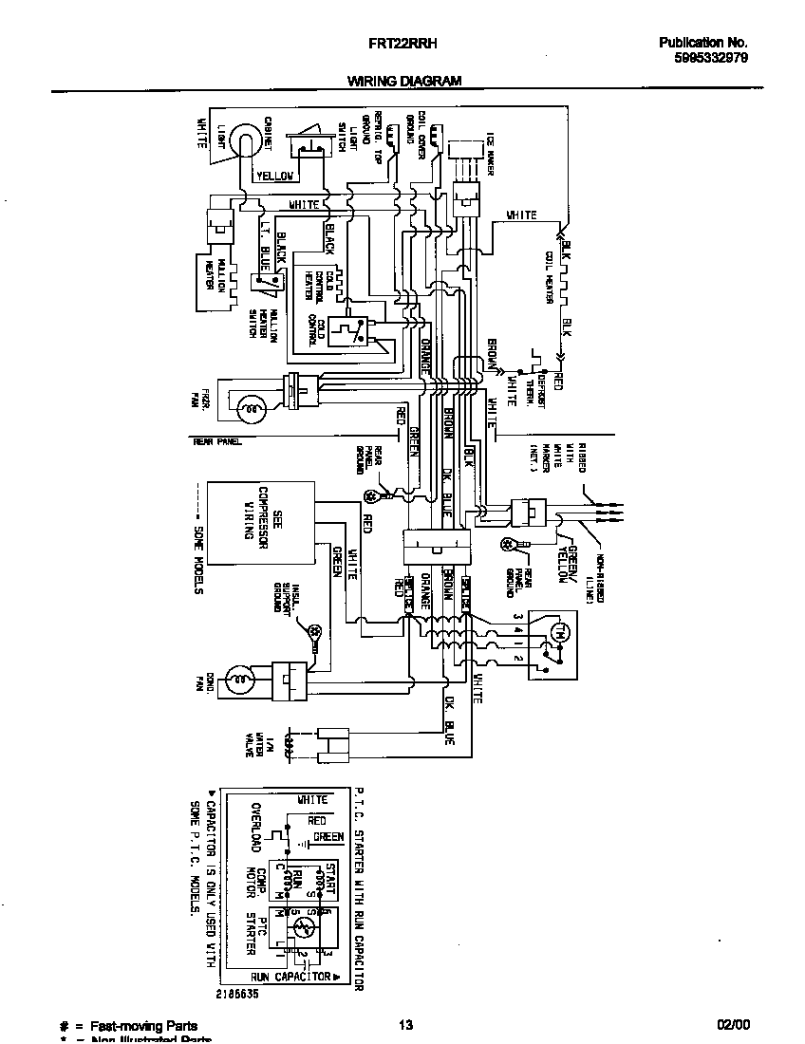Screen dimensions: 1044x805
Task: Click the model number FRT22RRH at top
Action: coord(402,43)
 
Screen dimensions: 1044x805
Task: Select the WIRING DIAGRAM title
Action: coord(403,82)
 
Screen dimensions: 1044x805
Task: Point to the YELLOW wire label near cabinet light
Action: coord(276,176)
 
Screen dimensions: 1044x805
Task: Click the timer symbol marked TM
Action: coord(559,632)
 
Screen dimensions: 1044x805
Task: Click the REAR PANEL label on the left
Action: coord(217,441)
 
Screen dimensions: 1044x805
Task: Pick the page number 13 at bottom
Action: coord(405,1024)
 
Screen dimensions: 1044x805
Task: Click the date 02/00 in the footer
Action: coord(733,1024)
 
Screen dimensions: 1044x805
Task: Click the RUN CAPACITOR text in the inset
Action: coord(290,976)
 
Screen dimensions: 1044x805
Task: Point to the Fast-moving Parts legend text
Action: coord(143,1025)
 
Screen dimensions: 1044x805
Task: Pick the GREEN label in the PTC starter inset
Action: coord(328,837)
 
